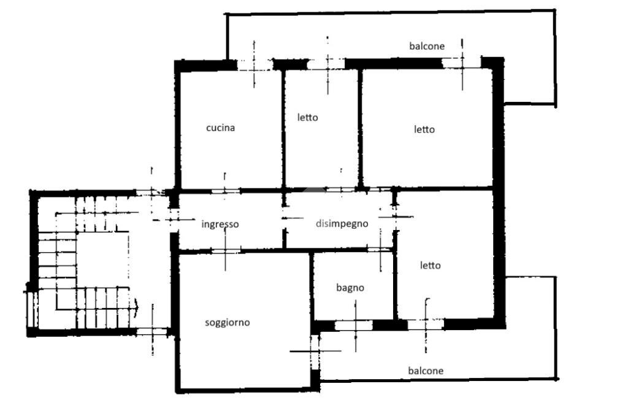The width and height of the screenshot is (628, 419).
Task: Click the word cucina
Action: [x=220, y=128]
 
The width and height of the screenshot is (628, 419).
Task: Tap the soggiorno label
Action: [x=227, y=323]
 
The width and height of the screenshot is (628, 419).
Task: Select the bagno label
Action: [x=350, y=288]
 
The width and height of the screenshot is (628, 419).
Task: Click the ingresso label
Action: [x=220, y=225]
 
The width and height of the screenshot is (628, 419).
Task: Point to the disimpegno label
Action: [x=342, y=223]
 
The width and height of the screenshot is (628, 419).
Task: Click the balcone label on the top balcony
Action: [x=427, y=46]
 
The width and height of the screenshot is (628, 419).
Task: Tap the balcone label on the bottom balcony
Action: [x=426, y=371]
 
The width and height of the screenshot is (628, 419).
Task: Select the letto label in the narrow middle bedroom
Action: [x=308, y=117]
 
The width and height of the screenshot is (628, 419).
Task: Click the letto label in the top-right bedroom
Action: [x=424, y=129]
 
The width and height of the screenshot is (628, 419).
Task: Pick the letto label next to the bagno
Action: [x=430, y=265]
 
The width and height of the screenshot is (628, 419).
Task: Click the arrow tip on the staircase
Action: [x=139, y=307]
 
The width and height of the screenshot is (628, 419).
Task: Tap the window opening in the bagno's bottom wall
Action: [x=354, y=325]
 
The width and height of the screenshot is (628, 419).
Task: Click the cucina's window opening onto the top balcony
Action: [x=255, y=65]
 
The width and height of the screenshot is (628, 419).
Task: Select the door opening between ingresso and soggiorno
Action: [x=225, y=251]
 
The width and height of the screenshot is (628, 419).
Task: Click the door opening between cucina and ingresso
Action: [x=225, y=191]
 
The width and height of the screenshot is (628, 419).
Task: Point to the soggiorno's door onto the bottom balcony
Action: [x=316, y=352]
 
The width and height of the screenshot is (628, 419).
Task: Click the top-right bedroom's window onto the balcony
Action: [x=462, y=63]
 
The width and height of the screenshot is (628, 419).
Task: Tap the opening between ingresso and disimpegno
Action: [x=285, y=218]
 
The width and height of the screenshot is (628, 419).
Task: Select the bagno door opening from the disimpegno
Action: [x=380, y=250]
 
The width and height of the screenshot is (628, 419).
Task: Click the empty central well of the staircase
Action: [x=102, y=259]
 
